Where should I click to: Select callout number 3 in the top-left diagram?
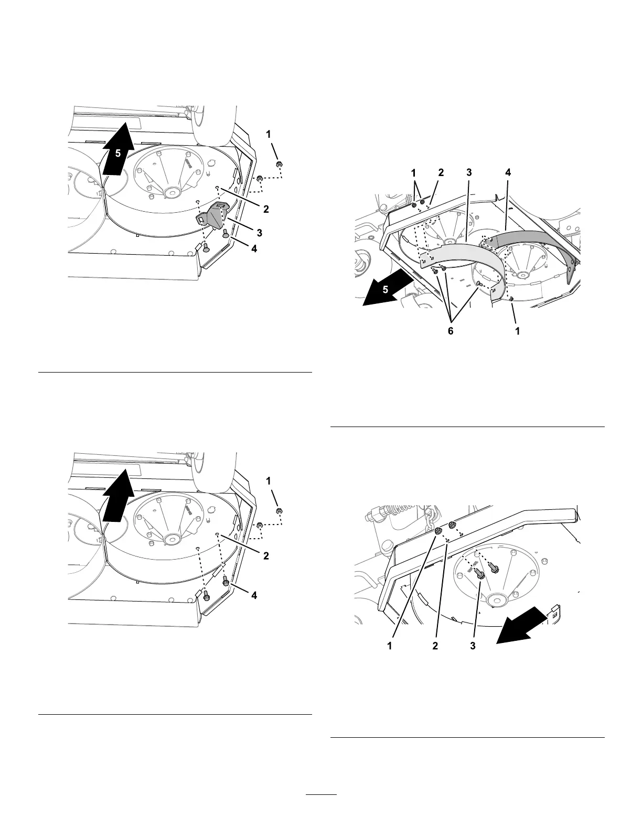pos(258,232)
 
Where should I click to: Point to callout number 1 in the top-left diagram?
pos(269,135)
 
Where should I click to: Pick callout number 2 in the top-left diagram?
pos(266,209)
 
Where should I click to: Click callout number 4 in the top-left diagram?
pos(254,249)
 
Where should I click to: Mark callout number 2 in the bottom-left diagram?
pos(266,556)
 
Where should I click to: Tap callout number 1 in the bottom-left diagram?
pos(269,480)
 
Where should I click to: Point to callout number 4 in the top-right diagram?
pos(507,172)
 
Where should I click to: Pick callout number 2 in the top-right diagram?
pos(441,172)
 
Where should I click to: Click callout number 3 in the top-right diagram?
pos(468,172)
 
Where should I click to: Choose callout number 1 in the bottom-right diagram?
pos(390,646)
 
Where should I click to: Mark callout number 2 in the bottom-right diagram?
pos(435,646)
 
